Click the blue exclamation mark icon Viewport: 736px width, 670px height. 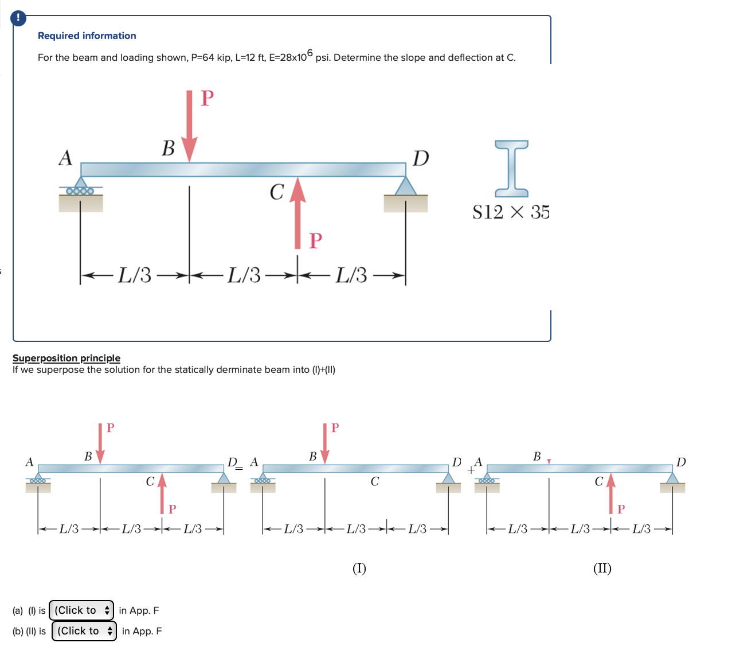(x=18, y=18)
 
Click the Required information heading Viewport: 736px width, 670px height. (x=87, y=36)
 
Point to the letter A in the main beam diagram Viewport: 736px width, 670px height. (x=66, y=158)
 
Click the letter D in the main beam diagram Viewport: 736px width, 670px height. (x=421, y=158)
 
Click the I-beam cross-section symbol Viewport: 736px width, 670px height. (x=511, y=165)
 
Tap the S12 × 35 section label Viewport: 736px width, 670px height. (x=511, y=212)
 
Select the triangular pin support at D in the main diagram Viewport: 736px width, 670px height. (x=406, y=186)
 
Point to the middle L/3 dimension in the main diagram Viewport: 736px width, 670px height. (x=244, y=275)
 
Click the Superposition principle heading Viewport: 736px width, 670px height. (x=66, y=358)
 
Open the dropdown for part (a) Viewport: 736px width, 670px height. (x=81, y=610)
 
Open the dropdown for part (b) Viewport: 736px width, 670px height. (x=84, y=631)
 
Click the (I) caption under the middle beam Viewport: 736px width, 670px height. (x=359, y=568)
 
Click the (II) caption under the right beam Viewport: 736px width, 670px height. (x=602, y=568)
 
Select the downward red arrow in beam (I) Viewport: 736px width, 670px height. (x=325, y=443)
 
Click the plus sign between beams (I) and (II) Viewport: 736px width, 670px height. (x=471, y=470)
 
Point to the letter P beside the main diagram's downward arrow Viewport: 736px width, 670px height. (x=208, y=98)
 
